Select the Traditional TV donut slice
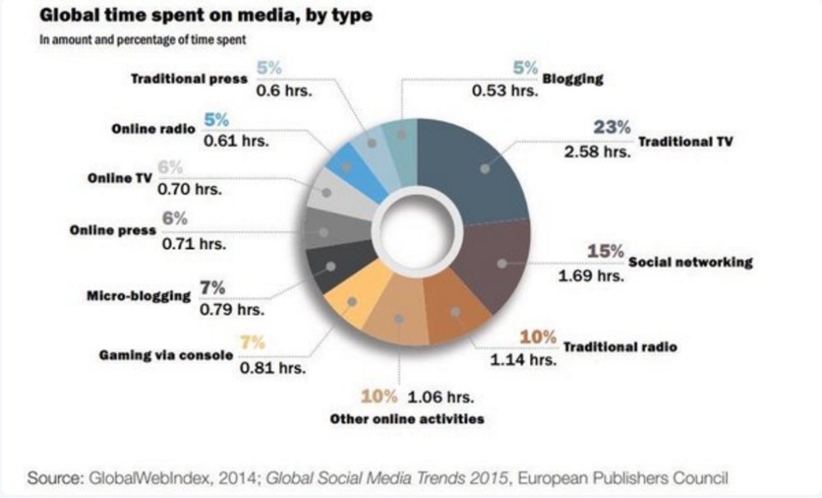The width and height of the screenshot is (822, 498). pyautogui.click(x=481, y=168)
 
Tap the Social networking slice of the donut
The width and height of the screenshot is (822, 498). pyautogui.click(x=497, y=263)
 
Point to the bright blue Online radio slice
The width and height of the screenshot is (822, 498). pyautogui.click(x=349, y=165)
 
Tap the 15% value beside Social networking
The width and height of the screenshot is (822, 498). pyautogui.click(x=606, y=251)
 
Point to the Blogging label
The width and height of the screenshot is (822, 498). pyautogui.click(x=573, y=79)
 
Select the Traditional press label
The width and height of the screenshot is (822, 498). pyautogui.click(x=188, y=80)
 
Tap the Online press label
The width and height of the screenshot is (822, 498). pyautogui.click(x=112, y=230)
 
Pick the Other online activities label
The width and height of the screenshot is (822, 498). pyautogui.click(x=406, y=419)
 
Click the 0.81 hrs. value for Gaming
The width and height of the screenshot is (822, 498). pyautogui.click(x=272, y=367)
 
